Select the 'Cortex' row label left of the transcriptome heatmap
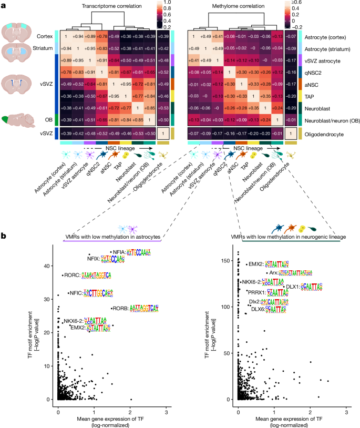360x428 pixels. (x=45, y=36)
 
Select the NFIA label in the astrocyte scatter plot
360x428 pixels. (x=117, y=252)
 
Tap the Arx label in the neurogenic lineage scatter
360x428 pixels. (x=273, y=273)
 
